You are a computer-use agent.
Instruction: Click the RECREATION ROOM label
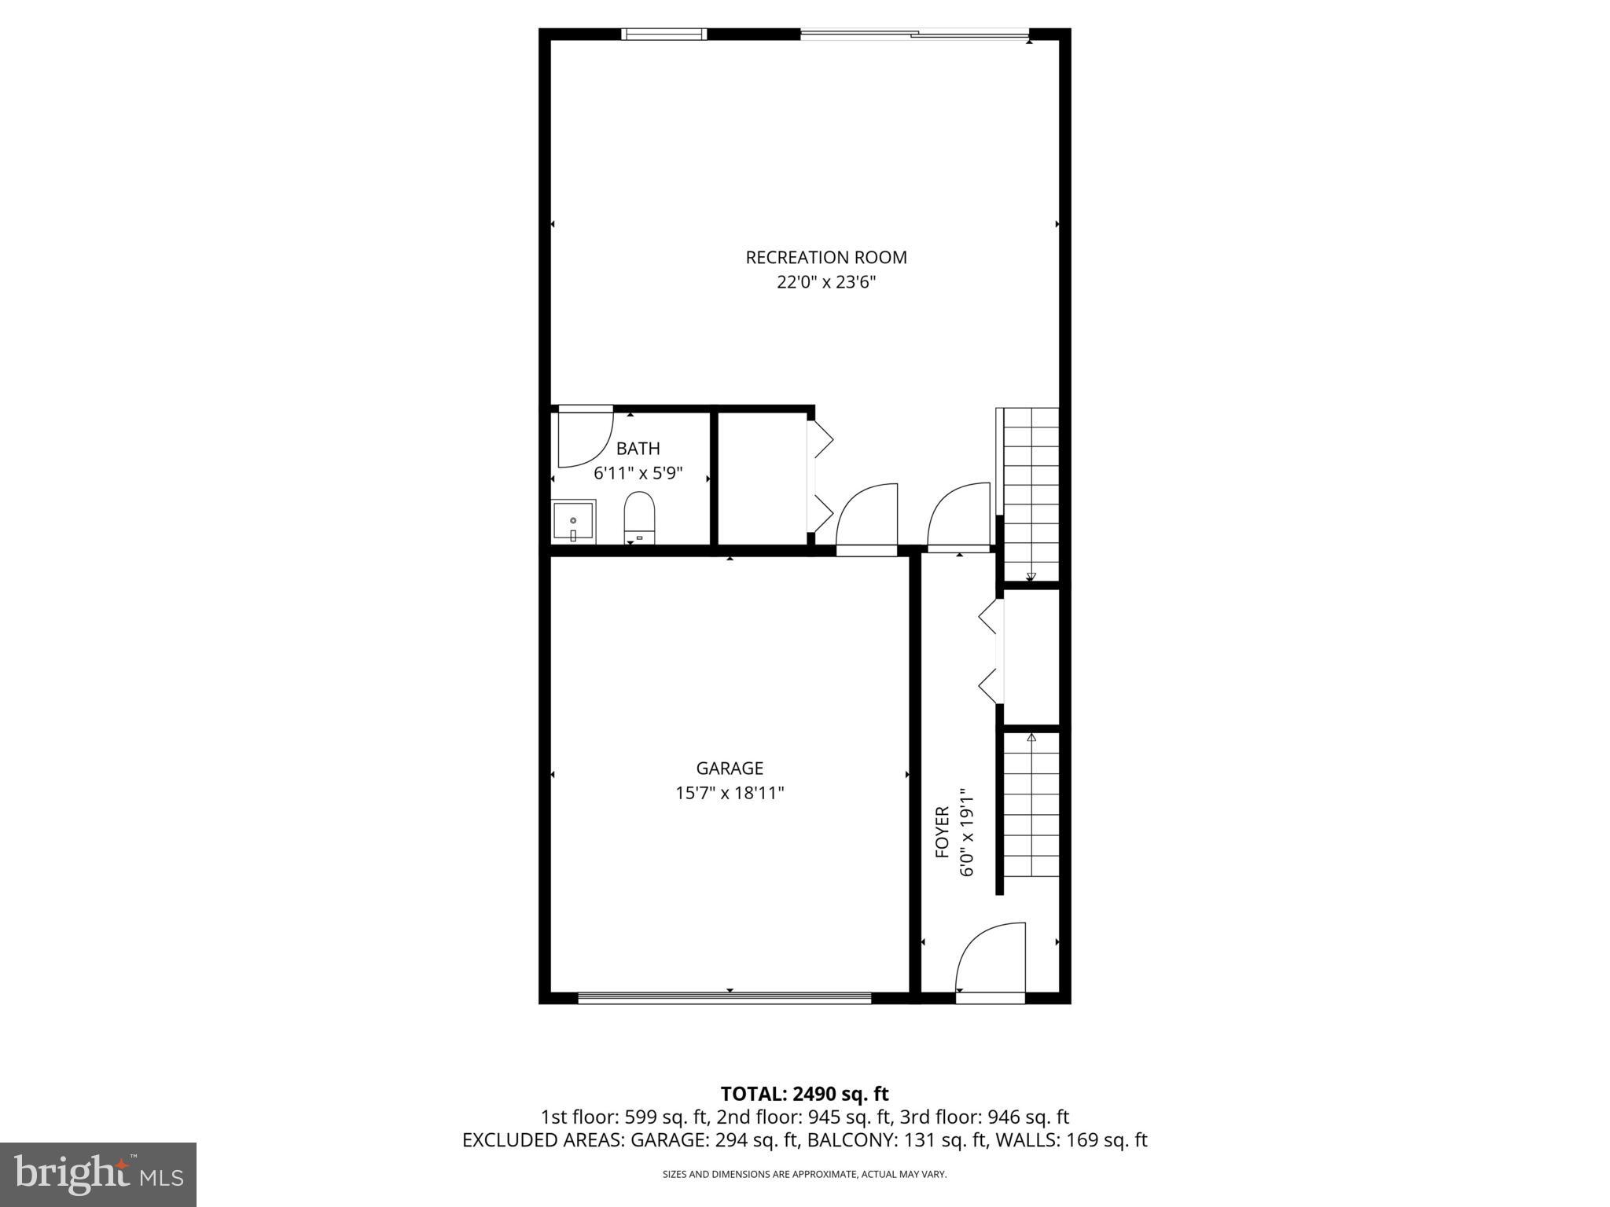[825, 257]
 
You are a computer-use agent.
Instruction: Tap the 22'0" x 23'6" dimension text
[825, 282]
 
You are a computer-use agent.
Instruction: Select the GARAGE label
[730, 768]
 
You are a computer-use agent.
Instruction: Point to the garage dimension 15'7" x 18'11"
[730, 793]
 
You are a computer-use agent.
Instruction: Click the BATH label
[638, 449]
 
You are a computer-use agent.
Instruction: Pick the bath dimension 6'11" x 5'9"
[638, 473]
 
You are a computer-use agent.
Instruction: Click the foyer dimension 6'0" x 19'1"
[967, 833]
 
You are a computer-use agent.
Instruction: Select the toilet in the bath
[639, 517]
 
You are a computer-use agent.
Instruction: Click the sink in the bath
[573, 522]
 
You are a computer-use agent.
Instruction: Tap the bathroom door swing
[583, 437]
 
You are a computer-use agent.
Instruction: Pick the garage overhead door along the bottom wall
[724, 998]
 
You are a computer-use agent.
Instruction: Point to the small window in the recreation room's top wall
[663, 34]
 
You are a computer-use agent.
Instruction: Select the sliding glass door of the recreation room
[914, 34]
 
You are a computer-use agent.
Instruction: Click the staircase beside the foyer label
[1031, 805]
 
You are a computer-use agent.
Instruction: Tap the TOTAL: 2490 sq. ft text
[804, 1094]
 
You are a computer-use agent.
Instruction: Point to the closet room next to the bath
[762, 478]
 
